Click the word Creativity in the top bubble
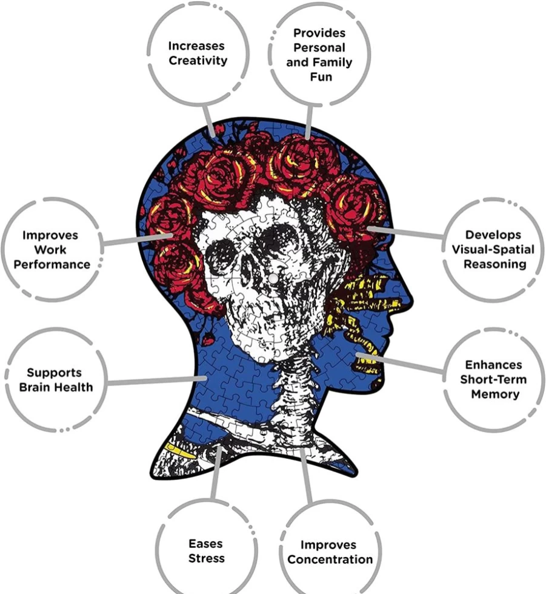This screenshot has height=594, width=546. click(198, 61)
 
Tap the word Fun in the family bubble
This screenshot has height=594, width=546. click(321, 77)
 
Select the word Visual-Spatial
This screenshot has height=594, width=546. click(493, 249)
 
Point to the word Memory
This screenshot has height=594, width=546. click(495, 394)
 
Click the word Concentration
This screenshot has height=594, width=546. click(330, 559)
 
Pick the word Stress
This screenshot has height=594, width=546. click(207, 558)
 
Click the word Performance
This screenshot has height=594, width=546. click(52, 264)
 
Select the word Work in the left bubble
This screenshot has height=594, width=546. click(50, 250)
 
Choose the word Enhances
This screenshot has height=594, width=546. click(493, 365)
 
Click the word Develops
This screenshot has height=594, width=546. click(493, 235)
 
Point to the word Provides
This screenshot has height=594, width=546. click(319, 33)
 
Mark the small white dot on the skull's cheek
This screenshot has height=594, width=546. click(273, 278)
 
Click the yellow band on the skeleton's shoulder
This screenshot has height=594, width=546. click(180, 452)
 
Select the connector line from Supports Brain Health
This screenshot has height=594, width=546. click(157, 381)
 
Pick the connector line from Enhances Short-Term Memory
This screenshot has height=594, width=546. click(400, 363)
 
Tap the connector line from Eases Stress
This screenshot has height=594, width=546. click(216, 472)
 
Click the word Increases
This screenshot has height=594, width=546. click(196, 46)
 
